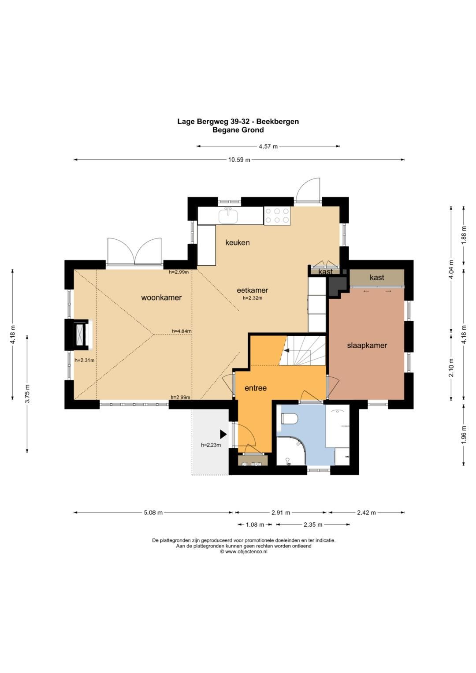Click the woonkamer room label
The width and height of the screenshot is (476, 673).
point(161,297)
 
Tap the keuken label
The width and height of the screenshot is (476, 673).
point(238,242)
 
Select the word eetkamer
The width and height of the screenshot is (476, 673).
point(253,290)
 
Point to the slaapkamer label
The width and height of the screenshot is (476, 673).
point(367,346)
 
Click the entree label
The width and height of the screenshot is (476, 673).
point(256,388)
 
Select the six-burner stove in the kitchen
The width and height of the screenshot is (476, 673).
point(277,216)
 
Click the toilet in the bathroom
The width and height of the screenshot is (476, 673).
point(289,419)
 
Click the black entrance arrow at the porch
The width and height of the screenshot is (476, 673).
point(223,434)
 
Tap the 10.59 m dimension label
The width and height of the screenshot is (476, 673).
point(239,160)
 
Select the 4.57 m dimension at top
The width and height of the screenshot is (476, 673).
point(268,147)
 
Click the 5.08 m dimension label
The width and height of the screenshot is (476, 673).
point(153,513)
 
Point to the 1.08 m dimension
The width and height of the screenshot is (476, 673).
point(255,524)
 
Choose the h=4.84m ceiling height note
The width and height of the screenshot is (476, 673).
point(182,331)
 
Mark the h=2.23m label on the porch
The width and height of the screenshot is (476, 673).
point(211,445)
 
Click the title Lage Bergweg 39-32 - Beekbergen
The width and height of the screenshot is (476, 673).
point(238,122)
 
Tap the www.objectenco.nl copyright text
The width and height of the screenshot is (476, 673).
point(244,552)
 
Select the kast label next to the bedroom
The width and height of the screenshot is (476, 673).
point(377,277)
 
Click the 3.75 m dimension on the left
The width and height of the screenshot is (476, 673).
point(27,394)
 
